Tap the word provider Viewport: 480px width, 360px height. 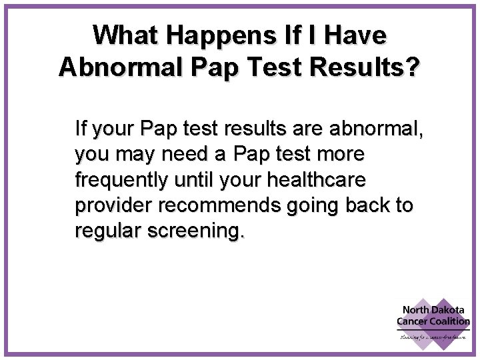(x=113, y=206)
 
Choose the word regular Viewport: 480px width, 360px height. (x=109, y=231)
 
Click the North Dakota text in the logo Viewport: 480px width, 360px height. (x=434, y=310)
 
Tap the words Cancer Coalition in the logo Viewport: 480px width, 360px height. (x=433, y=321)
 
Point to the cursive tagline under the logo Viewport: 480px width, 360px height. (x=433, y=337)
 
